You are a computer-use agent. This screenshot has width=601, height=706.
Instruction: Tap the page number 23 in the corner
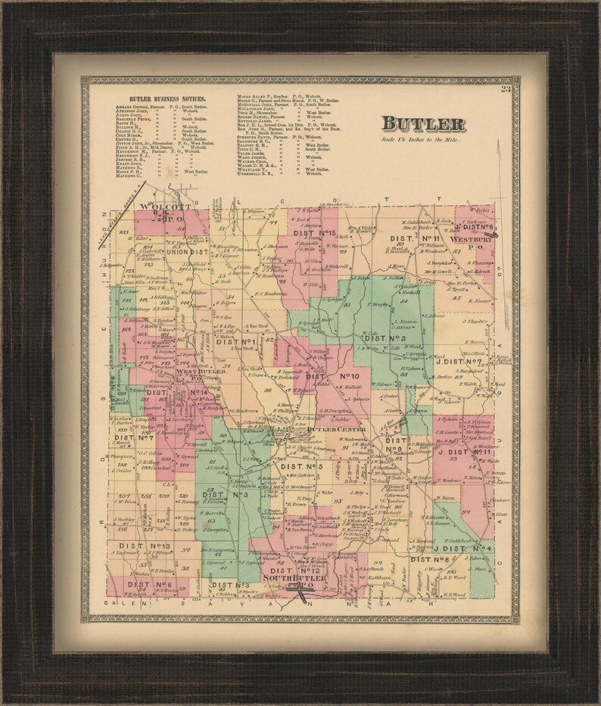(x=505, y=92)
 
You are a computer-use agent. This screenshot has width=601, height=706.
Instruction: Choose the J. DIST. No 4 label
(x=463, y=548)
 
